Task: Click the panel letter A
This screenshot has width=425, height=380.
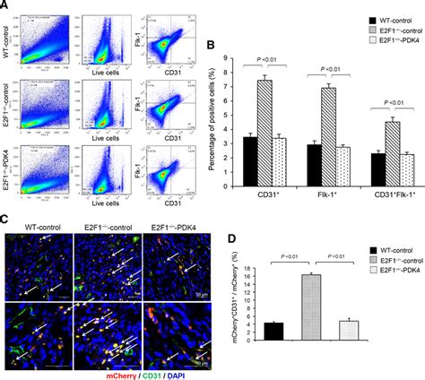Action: click(x=6, y=6)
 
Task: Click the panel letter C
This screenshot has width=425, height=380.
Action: click(x=6, y=218)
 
